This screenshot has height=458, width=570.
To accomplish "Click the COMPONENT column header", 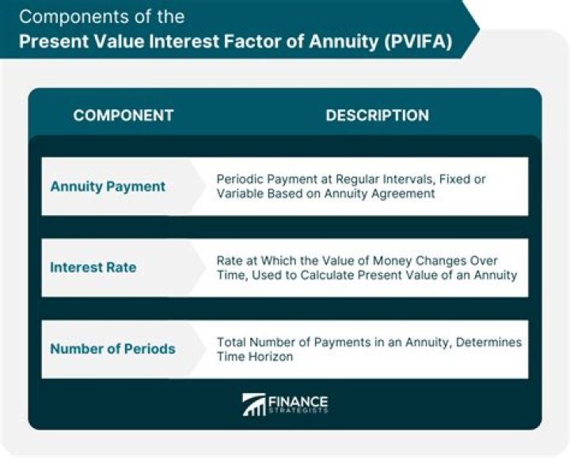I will [123, 115].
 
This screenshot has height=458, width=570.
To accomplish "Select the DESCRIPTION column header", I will [377, 115].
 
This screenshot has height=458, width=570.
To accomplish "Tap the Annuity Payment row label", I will [108, 187].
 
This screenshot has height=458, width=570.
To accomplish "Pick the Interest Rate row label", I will [93, 267].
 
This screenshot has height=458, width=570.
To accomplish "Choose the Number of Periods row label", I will [112, 349].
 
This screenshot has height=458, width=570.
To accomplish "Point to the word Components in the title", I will [69, 16].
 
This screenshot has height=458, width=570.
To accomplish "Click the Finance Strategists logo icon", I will [253, 404].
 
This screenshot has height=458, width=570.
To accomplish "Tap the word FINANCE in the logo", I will [298, 400].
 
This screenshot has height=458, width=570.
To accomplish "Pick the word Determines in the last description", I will [491, 342].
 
